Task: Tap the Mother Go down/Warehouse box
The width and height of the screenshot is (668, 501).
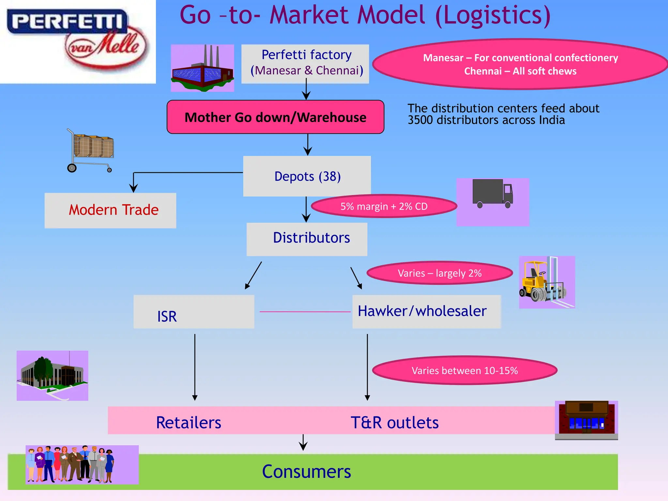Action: [x=275, y=117]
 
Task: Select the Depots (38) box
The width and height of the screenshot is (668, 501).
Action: [x=307, y=176]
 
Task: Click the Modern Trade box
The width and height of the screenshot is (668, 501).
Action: [x=111, y=210]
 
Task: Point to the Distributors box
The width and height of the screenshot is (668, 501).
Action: [x=307, y=239]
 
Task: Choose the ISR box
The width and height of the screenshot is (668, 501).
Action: [x=194, y=312]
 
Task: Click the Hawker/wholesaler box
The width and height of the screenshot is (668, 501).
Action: [x=426, y=311]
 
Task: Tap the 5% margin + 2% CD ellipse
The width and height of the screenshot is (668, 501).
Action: [x=384, y=206]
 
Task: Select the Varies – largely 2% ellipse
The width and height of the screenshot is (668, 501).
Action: [x=439, y=273]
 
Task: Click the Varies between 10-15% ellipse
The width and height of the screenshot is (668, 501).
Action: [x=464, y=371]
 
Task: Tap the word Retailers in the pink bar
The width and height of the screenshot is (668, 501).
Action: [x=189, y=423]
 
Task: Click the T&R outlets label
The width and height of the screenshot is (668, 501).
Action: [x=394, y=423]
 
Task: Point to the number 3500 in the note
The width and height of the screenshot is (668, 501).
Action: [x=420, y=120]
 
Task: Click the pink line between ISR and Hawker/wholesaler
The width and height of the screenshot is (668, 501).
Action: [x=305, y=312]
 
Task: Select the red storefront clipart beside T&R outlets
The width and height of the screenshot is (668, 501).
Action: [x=586, y=418]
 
